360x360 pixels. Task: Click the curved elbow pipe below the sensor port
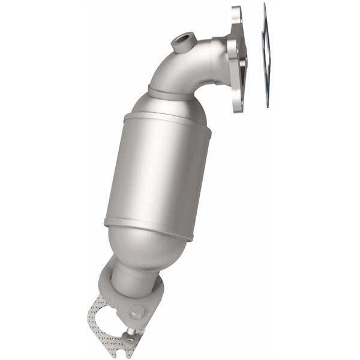tap(180, 69)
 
